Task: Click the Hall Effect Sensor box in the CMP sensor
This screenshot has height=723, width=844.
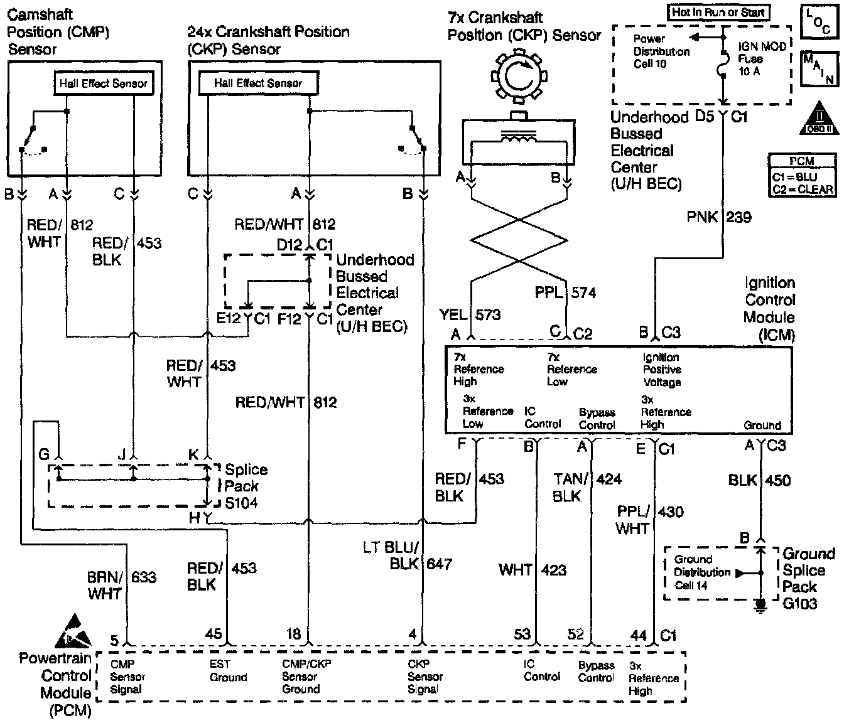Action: pyautogui.click(x=104, y=83)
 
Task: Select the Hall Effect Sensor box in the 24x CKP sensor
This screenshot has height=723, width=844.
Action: pyautogui.click(x=258, y=83)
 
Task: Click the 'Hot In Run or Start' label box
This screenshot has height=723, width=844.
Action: pyautogui.click(x=718, y=12)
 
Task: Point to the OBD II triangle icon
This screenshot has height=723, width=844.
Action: pyautogui.click(x=818, y=119)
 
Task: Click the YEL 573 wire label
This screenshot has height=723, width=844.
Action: pyautogui.click(x=470, y=314)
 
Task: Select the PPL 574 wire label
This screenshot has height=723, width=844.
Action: pyautogui.click(x=565, y=292)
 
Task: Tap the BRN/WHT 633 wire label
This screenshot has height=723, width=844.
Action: pyautogui.click(x=122, y=584)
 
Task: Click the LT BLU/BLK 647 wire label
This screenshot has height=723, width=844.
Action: pyautogui.click(x=407, y=555)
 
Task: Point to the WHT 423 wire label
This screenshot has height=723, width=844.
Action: pyautogui.click(x=533, y=570)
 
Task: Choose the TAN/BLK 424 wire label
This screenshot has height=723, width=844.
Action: pyautogui.click(x=587, y=487)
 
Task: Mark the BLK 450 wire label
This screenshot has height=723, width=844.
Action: pyautogui.click(x=759, y=480)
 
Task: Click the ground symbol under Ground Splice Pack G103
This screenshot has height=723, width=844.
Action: pyautogui.click(x=761, y=604)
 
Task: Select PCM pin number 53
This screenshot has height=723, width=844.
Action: pyautogui.click(x=522, y=635)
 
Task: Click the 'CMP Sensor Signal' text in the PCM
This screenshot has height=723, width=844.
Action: pyautogui.click(x=127, y=677)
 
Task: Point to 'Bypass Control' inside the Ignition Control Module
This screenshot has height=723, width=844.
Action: pyautogui.click(x=597, y=419)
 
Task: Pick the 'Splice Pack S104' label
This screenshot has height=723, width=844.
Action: pyautogui.click(x=246, y=486)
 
